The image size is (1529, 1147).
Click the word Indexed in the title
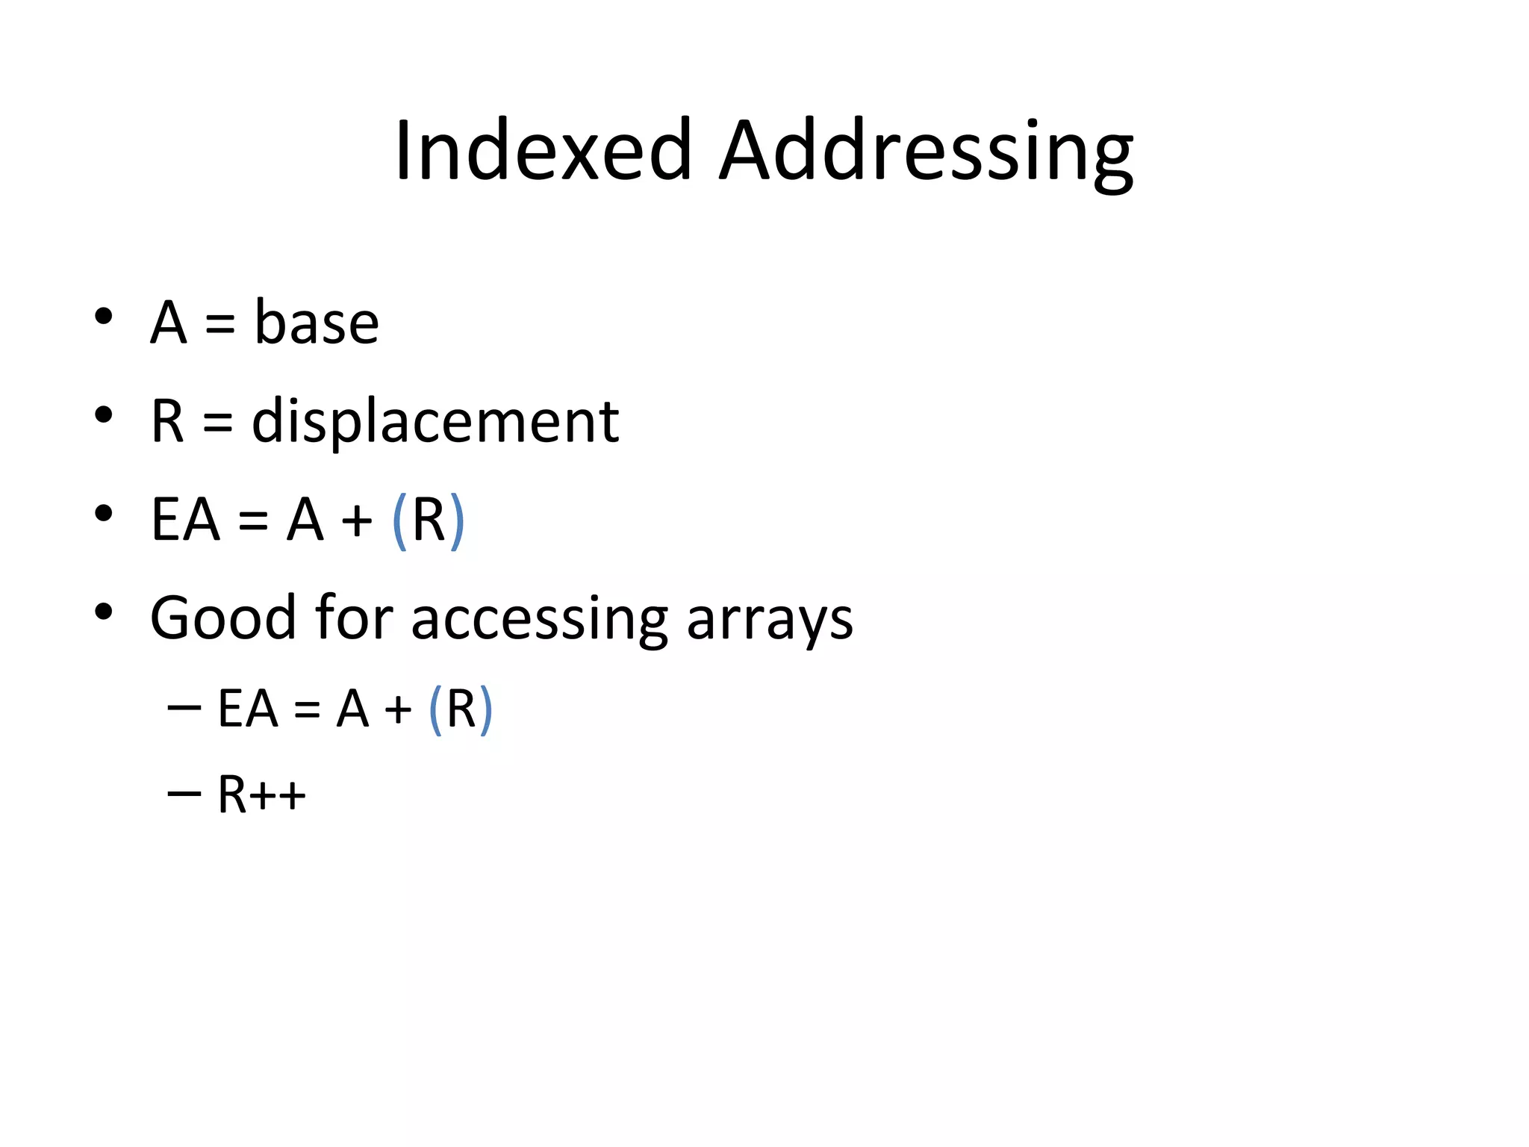coord(544,151)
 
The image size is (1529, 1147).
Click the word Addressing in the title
coord(926,152)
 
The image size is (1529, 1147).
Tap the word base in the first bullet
coord(317,323)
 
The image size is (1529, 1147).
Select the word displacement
coord(435,422)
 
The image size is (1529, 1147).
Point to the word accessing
coord(539,620)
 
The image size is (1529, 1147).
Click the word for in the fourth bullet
coord(354,618)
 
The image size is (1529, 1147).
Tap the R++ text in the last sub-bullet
coord(261,794)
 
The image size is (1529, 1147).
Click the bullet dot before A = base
coord(103,316)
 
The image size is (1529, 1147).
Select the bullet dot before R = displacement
coord(103,414)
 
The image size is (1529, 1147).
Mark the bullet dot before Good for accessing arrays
coord(103,612)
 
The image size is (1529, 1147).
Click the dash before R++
coord(184,792)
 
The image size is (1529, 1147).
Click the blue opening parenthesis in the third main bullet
coord(399,520)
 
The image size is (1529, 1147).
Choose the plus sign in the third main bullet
coord(357,520)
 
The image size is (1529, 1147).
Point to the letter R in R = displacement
coord(167,422)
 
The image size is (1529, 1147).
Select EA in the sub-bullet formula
coord(247,709)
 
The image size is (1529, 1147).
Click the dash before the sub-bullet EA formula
coord(184,706)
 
